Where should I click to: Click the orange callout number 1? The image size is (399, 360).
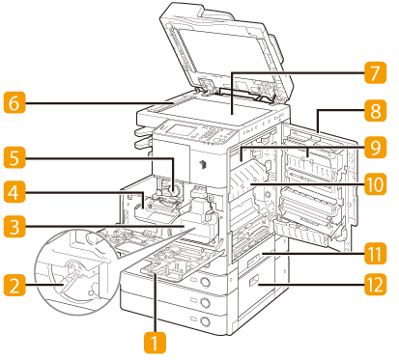[155, 343]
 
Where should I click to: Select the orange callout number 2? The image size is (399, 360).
[14, 285]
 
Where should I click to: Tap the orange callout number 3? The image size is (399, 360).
[14, 227]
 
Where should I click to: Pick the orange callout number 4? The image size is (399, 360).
[14, 192]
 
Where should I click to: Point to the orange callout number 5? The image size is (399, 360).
[14, 157]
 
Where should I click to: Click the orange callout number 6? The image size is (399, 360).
[14, 102]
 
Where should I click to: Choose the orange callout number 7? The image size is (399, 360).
[375, 72]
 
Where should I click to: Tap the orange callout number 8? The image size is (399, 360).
[375, 111]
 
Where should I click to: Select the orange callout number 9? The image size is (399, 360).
[375, 148]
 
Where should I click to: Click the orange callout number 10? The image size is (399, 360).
[375, 184]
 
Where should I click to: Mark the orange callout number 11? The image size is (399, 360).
[375, 254]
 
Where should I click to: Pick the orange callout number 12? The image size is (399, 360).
[375, 285]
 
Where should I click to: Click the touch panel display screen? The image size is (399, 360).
[181, 130]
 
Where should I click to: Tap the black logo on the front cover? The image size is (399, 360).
[203, 164]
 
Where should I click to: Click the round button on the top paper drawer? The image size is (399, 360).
[205, 283]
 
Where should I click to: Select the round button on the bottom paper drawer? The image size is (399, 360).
[205, 321]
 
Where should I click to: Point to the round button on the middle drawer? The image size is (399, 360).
[205, 302]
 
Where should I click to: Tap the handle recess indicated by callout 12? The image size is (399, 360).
[253, 282]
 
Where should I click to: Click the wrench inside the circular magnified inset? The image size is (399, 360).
[71, 277]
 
